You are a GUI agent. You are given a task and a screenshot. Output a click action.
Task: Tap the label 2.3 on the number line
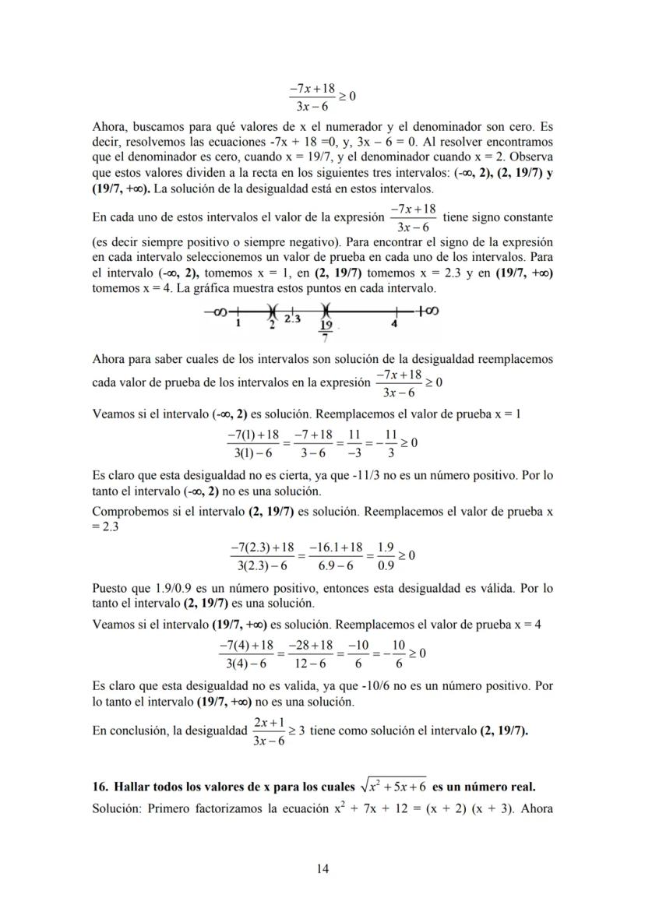[x=292, y=319]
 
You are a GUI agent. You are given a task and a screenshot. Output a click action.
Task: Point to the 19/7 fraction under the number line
[x=326, y=331]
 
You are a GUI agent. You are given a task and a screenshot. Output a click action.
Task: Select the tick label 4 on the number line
[x=394, y=323]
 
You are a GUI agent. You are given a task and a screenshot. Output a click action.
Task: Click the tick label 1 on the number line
[x=238, y=323]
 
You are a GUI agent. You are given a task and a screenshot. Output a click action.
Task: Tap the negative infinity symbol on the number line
[x=215, y=312]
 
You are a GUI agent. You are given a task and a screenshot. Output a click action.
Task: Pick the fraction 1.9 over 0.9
[x=385, y=556]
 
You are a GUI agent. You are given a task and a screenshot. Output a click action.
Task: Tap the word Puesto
[x=111, y=588]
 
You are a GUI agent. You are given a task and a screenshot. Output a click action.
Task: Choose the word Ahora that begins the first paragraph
[x=109, y=126]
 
